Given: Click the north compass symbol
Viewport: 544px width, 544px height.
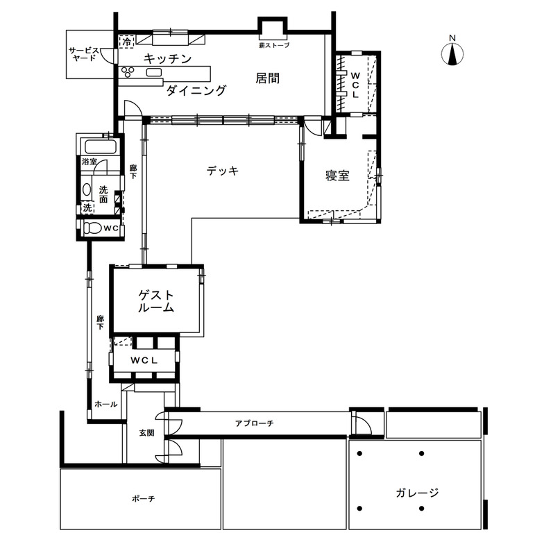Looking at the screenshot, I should (452, 52).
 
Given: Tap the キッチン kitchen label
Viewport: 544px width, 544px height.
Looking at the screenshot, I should (167, 59).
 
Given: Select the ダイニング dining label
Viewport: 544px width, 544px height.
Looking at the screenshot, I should (196, 90).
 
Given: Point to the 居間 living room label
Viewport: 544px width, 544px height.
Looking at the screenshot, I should (267, 78).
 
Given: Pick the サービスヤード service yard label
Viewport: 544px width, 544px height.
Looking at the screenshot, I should (83, 54).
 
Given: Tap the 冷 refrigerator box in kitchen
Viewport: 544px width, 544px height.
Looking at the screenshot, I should (126, 42).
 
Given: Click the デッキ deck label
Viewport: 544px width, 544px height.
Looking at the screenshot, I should (223, 170).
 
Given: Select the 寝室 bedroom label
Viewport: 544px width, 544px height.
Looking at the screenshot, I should (337, 176).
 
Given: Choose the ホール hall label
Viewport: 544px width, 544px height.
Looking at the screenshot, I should (105, 404).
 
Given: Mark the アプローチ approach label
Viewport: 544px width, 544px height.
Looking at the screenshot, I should (254, 423).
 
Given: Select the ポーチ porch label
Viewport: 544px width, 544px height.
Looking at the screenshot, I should (142, 498).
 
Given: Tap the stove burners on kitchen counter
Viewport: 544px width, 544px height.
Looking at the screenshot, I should (128, 71).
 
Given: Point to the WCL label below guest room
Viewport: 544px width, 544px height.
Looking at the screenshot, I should (144, 359).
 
